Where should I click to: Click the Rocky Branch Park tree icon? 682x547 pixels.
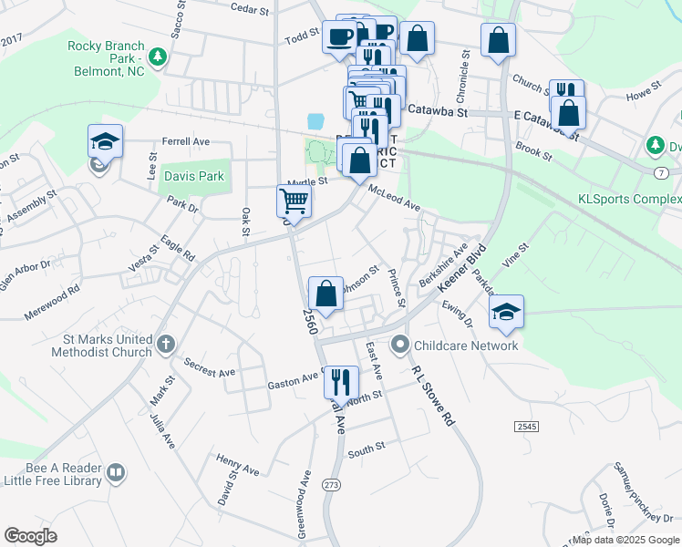tap(158, 57)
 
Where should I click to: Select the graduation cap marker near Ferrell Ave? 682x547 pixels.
tap(105, 142)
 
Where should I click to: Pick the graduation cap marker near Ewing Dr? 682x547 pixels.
tap(506, 312)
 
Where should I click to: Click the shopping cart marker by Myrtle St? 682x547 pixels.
tap(294, 201)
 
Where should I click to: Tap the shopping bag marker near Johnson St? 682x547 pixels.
tap(325, 294)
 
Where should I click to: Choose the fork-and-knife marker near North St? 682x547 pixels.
tap(341, 380)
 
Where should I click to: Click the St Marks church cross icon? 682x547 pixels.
tap(164, 344)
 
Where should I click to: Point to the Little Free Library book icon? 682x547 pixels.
tap(115, 471)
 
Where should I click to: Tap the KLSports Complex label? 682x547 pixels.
tap(629, 199)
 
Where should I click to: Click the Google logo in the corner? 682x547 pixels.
tap(31, 536)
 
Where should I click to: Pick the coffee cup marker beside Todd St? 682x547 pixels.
tap(340, 37)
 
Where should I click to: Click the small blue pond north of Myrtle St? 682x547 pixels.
tap(316, 121)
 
